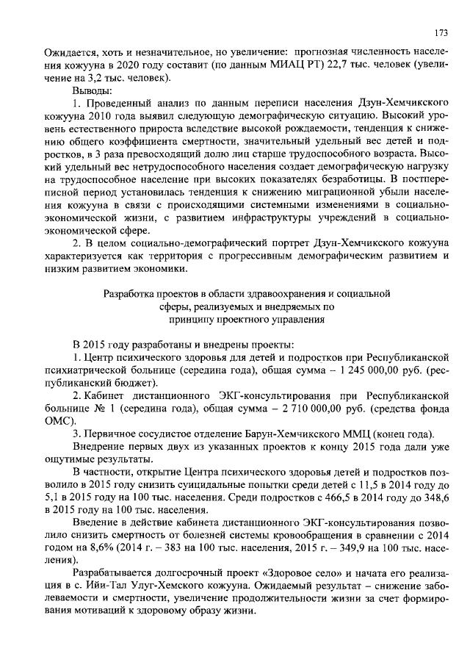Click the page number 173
(x=441, y=33)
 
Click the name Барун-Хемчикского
(x=305, y=434)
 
